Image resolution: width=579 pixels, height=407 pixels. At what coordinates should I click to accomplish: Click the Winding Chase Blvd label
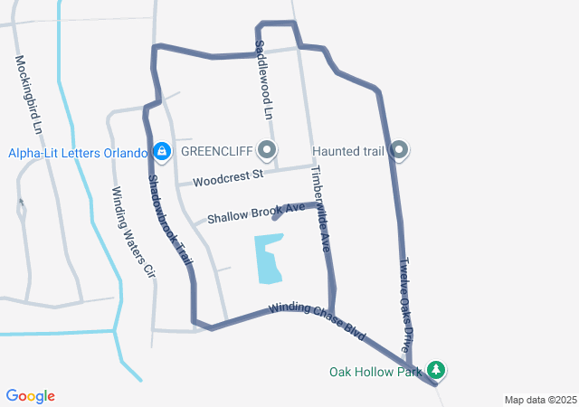(317, 320)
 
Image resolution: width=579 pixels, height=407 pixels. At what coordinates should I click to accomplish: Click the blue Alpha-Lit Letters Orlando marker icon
(162, 151)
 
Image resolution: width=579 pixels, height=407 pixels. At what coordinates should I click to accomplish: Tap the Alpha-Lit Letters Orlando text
(78, 152)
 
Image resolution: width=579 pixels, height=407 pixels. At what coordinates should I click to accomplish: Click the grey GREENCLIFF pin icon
(267, 150)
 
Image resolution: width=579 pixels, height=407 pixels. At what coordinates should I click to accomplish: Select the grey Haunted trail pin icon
(399, 150)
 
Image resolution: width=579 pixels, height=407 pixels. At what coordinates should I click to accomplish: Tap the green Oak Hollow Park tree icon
(437, 370)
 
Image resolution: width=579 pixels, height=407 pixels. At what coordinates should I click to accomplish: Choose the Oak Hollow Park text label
(375, 371)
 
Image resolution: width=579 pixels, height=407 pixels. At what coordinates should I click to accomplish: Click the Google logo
(30, 396)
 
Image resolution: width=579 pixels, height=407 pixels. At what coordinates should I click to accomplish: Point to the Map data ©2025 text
(540, 400)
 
